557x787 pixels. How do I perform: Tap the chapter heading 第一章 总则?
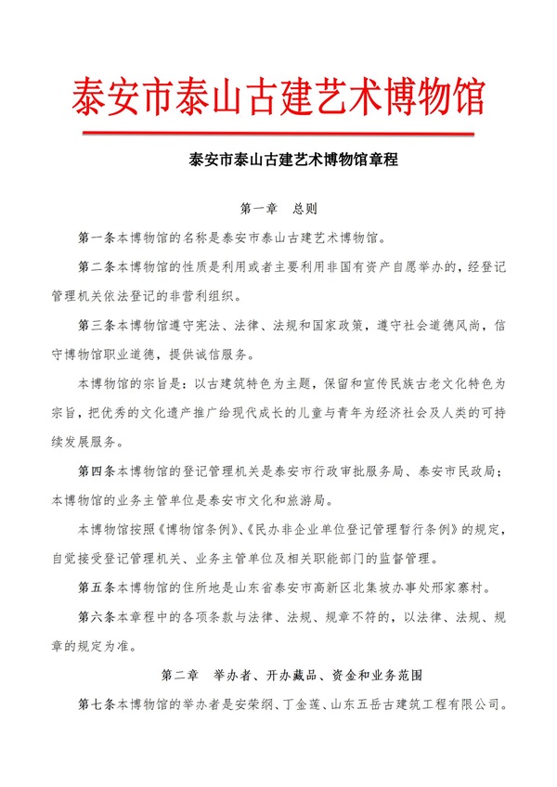[279, 210]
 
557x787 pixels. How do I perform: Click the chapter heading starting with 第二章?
[279, 673]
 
